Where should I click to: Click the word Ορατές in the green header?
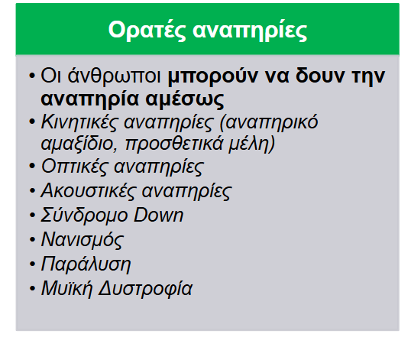(x=147, y=31)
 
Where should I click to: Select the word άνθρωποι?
(x=114, y=76)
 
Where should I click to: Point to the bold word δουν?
(x=320, y=76)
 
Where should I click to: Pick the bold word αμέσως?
(x=185, y=99)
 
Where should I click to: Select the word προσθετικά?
(x=174, y=144)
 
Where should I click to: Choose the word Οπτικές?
(x=74, y=167)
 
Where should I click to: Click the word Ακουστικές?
(x=89, y=190)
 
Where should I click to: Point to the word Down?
(x=158, y=215)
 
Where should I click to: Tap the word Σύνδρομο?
(x=84, y=216)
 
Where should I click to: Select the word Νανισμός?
(x=82, y=240)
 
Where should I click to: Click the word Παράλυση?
(x=86, y=264)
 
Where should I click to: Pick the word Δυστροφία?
(x=145, y=289)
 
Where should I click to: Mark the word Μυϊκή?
(x=66, y=289)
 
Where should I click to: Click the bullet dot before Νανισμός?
(x=32, y=240)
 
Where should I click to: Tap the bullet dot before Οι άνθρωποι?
(x=32, y=76)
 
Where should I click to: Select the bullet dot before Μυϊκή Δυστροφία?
(x=32, y=288)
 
